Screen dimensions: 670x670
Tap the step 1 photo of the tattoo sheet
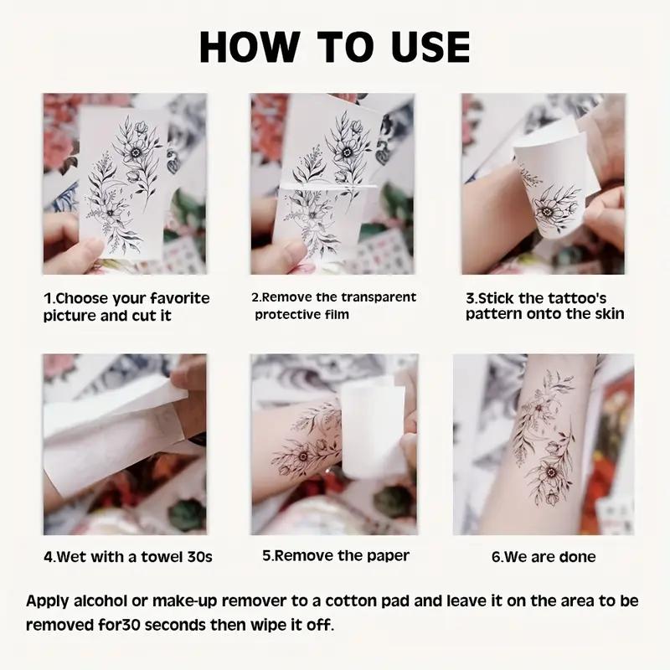[x=125, y=183]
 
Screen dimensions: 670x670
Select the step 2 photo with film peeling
[x=332, y=183]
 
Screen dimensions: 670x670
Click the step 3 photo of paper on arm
[x=543, y=183]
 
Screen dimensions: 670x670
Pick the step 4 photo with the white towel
[x=125, y=444]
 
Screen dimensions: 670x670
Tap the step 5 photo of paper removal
[x=333, y=444]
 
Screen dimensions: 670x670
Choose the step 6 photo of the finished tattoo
[x=543, y=444]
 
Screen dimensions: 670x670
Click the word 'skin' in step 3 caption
[x=606, y=315]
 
